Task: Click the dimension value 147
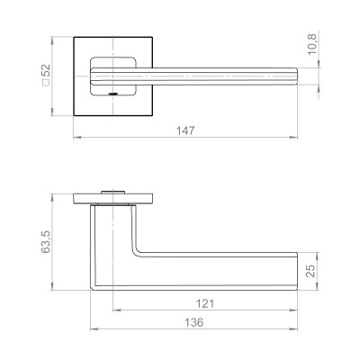(x=185, y=130)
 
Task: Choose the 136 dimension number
(x=195, y=322)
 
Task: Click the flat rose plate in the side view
(x=112, y=199)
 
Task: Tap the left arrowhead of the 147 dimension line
(x=74, y=137)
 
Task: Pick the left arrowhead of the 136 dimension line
(x=93, y=329)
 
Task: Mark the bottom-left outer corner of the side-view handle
(x=91, y=290)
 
